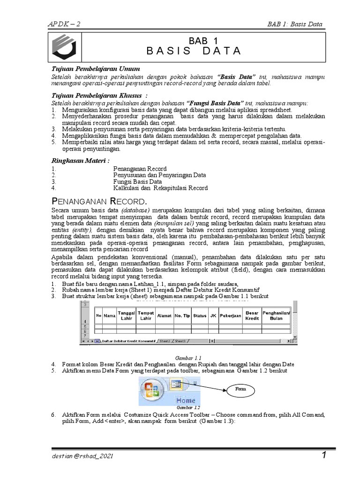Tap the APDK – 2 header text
[64, 24]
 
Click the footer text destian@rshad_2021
[82, 456]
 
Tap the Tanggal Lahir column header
[126, 315]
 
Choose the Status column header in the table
[200, 315]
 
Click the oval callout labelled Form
[240, 389]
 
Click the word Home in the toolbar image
[186, 400]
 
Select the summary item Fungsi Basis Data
[138, 181]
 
